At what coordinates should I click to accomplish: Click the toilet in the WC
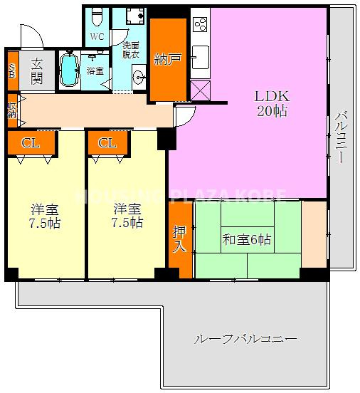pos(98,16)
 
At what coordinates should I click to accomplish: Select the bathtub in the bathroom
pos(68,70)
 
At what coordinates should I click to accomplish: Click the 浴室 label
pos(95,71)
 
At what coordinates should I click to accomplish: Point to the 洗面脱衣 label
pos(131,49)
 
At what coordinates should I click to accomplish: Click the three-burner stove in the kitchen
pos(198,23)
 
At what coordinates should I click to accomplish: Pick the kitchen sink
pos(200,55)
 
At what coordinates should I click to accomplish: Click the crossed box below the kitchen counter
pos(200,90)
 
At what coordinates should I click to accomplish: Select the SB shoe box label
pos(11,71)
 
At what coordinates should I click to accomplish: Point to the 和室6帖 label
pos(246,240)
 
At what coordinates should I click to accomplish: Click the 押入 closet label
pos(179,239)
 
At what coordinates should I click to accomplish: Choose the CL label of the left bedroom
pos(29,142)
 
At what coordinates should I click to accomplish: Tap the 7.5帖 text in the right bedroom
pos(127,223)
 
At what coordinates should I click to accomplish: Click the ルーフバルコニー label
pos(245,339)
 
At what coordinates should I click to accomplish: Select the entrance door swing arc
pos(32,36)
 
